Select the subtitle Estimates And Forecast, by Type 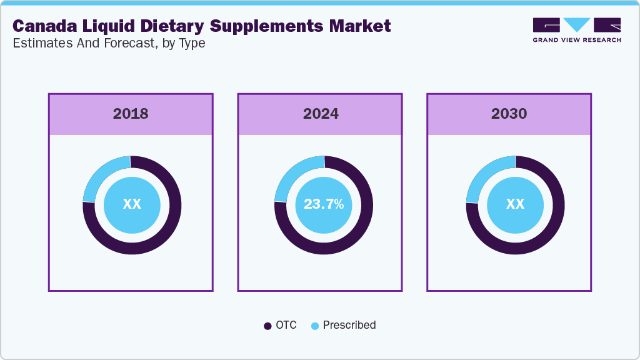point(109,43)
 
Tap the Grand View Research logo point(577,30)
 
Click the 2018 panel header point(131,114)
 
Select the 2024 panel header point(321,114)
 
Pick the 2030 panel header point(509,114)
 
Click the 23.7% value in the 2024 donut point(323,204)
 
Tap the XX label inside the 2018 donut point(132,204)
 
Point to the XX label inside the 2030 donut point(515,204)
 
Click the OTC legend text point(286,325)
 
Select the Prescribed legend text point(349,325)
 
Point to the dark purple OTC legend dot point(267,326)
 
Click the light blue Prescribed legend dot point(315,326)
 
